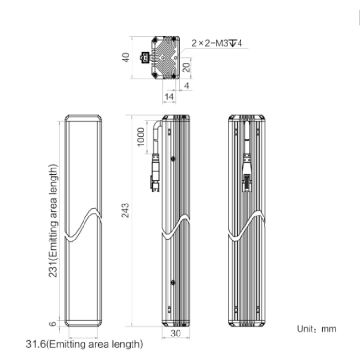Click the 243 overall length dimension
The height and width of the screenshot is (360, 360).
pos(125,210)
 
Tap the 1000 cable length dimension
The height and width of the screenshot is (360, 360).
pos(141,137)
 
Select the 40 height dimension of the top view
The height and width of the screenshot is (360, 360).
pos(126,58)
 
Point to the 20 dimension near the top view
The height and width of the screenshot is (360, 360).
pos(186,67)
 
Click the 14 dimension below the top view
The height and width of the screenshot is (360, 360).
pos(169,96)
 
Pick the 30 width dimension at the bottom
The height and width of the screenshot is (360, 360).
pos(176,333)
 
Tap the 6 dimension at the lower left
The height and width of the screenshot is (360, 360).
pos(53,324)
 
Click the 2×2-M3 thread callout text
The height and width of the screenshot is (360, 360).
pos(217,43)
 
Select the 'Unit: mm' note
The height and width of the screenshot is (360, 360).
pos(316,329)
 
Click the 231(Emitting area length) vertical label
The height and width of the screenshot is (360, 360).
pos(53,221)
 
